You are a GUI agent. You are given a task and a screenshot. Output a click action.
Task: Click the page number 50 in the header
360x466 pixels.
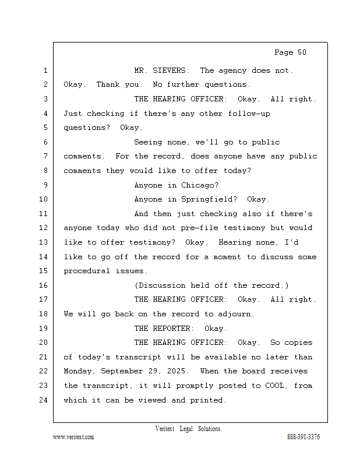[x=302, y=52]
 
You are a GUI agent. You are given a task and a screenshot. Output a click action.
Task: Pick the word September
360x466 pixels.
[x=126, y=371]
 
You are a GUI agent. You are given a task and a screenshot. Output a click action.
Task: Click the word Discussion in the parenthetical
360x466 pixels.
[x=161, y=285]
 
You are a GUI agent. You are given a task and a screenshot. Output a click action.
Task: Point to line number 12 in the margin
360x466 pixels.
[x=45, y=228]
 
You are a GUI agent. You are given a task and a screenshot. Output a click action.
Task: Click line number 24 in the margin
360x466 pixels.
[x=45, y=400]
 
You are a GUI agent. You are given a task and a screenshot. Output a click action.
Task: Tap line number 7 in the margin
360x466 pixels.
[x=45, y=156]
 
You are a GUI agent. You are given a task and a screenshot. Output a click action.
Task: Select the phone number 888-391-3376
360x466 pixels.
[x=303, y=437]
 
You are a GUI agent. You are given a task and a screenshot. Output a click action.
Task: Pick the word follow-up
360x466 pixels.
[x=249, y=114]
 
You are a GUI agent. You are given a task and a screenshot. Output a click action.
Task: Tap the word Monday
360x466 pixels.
[x=79, y=371]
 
